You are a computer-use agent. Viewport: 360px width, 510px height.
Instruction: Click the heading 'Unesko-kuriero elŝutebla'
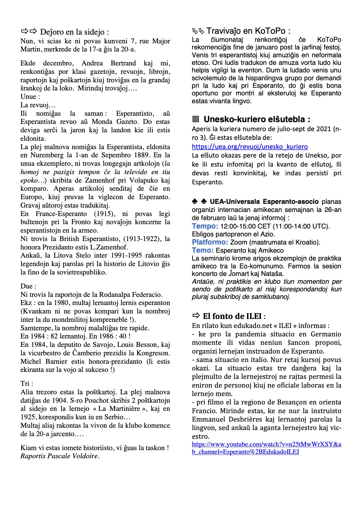point(257,119)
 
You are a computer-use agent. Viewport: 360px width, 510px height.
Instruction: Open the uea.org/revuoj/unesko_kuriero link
point(250,147)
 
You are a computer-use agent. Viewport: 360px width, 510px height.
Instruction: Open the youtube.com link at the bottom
point(266,448)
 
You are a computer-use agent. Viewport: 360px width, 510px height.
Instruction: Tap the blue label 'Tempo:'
point(205,226)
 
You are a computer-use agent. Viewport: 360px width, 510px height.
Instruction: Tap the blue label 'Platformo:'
point(210,242)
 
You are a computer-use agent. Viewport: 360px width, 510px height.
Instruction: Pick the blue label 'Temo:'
point(203,250)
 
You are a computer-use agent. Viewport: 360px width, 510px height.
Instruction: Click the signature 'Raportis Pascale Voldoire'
point(60,456)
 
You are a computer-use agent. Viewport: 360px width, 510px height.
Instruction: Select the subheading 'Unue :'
point(30,97)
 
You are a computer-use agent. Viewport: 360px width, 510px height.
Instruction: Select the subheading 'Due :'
point(28,286)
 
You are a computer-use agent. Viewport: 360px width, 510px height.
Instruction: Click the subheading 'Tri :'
point(27,384)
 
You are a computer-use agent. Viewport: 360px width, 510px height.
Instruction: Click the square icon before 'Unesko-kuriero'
point(196,119)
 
